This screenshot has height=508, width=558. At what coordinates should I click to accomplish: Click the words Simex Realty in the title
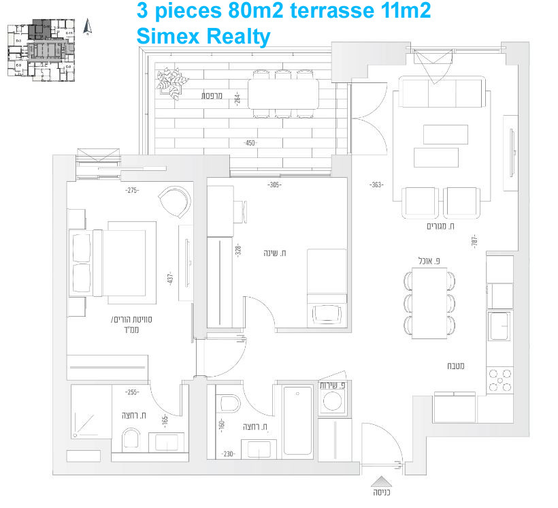tap(203, 35)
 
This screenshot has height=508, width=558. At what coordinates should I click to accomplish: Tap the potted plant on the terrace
tap(171, 81)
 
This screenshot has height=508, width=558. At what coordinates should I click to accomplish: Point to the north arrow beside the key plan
tap(86, 27)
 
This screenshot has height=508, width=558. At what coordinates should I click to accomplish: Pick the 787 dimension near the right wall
tap(474, 241)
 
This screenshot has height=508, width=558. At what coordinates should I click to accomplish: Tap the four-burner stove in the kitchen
tap(500, 380)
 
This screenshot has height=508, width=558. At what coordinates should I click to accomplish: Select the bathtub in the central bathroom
tap(297, 420)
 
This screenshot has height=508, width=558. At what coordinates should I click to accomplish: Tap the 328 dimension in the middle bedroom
tap(238, 250)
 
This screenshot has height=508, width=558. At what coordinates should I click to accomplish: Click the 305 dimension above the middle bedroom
tap(274, 185)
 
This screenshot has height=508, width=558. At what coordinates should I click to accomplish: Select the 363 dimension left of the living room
tap(376, 185)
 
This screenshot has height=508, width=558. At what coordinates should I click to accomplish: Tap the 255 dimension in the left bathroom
tap(132, 392)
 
